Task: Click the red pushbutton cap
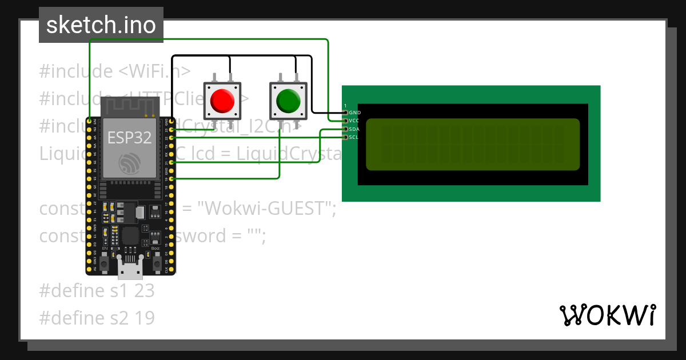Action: (x=222, y=101)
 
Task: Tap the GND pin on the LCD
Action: (x=345, y=113)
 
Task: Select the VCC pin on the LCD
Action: (x=345, y=121)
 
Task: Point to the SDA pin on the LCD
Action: (x=345, y=129)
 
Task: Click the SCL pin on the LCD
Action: (x=345, y=137)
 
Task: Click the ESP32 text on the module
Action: (x=129, y=137)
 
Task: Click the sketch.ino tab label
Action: (x=101, y=25)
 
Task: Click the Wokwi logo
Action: (x=607, y=315)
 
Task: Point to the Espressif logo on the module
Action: (x=129, y=163)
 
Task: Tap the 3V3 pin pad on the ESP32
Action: (x=90, y=121)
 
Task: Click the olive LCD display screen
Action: (x=472, y=144)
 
